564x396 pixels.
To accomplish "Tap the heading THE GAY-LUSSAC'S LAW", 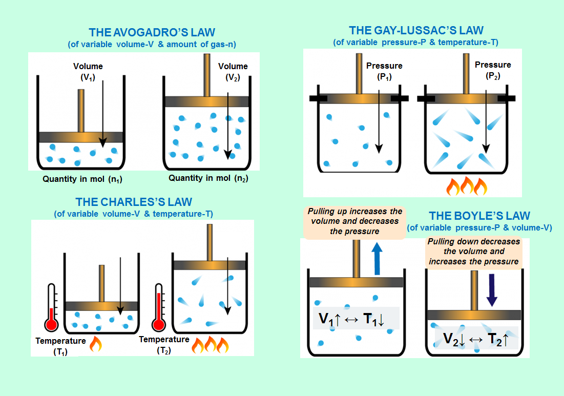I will click(x=415, y=31).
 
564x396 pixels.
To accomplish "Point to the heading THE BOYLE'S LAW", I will click(x=479, y=216).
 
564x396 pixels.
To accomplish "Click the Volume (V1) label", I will click(x=88, y=71).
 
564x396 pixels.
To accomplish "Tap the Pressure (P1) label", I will click(x=384, y=70).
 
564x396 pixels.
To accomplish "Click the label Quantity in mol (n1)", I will click(x=82, y=180).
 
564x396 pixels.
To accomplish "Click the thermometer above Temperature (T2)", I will click(x=159, y=307).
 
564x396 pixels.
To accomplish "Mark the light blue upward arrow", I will click(x=377, y=258).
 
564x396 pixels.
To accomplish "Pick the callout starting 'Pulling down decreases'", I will click(x=473, y=252).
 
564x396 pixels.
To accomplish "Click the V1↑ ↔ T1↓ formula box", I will click(x=356, y=319).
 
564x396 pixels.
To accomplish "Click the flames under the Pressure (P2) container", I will click(x=466, y=186).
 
